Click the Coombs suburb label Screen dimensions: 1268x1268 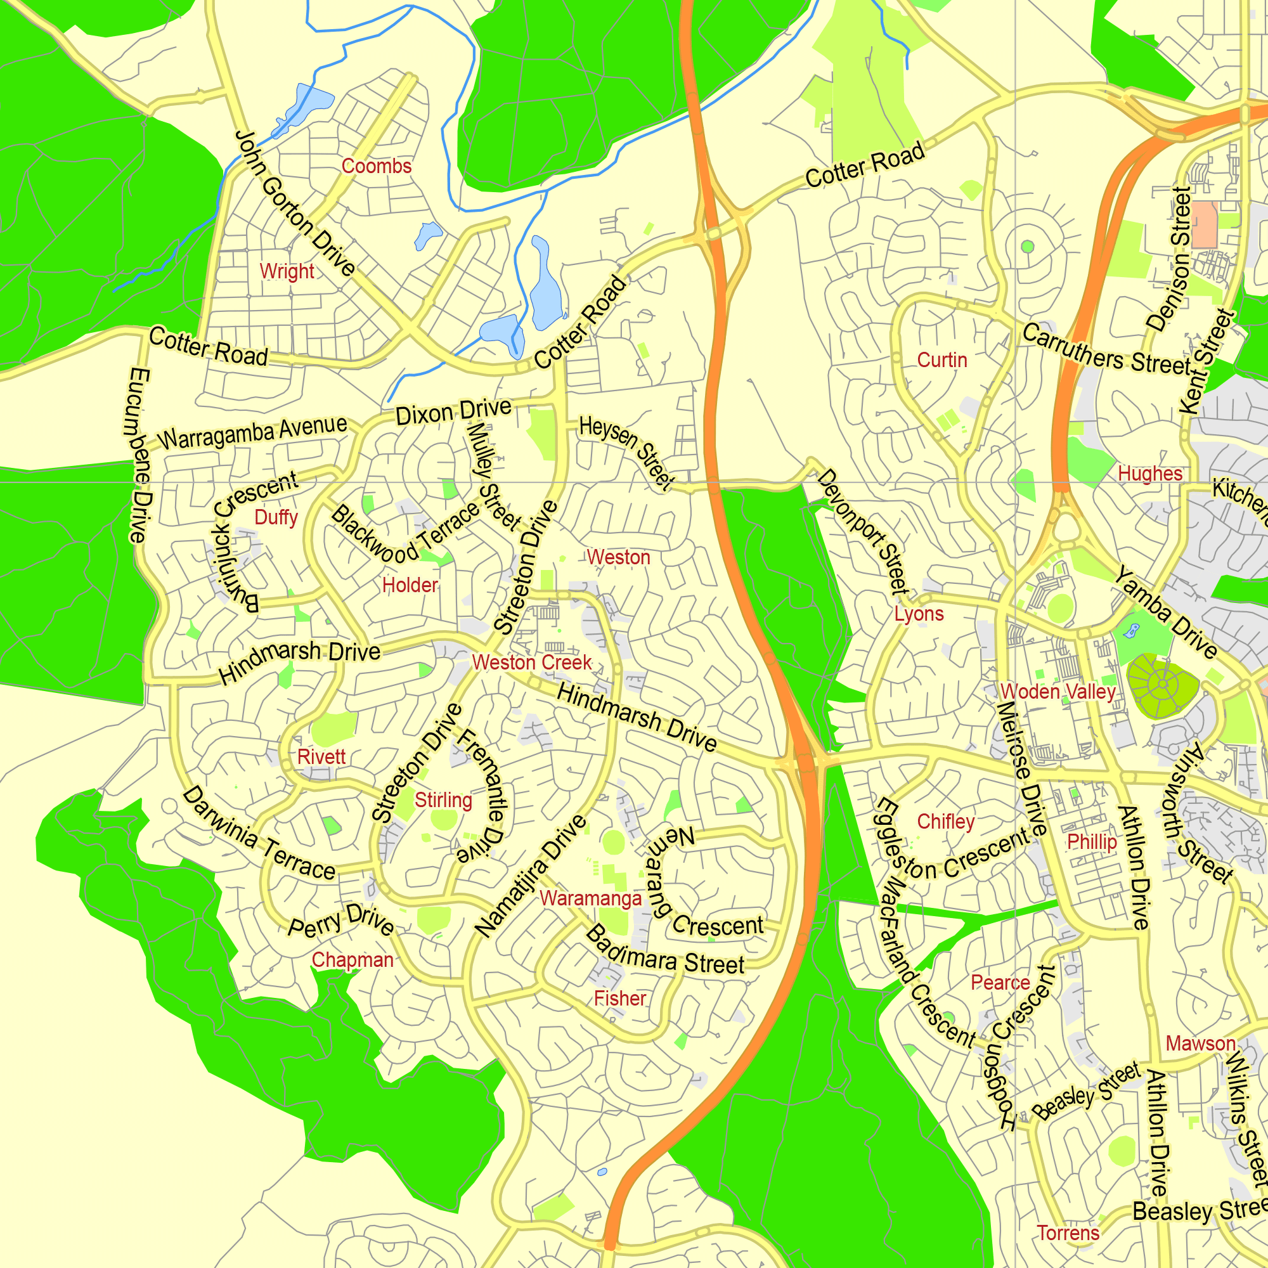(x=376, y=166)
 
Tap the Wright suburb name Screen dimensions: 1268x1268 (x=287, y=271)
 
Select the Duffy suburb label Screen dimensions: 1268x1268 (x=276, y=517)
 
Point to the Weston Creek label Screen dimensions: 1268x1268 (x=532, y=663)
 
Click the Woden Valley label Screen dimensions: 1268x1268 (x=1058, y=692)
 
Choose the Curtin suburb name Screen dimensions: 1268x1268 (x=942, y=359)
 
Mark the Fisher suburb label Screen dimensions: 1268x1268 (x=620, y=999)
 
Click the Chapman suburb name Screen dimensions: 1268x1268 (x=353, y=959)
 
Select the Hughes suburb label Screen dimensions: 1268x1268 (x=1150, y=473)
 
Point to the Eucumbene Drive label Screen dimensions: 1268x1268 (x=139, y=455)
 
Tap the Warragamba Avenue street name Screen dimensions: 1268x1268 (x=253, y=432)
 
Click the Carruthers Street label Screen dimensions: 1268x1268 (x=1106, y=350)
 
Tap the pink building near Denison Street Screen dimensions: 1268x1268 (x=1204, y=224)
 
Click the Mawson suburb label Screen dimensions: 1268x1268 (x=1200, y=1043)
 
